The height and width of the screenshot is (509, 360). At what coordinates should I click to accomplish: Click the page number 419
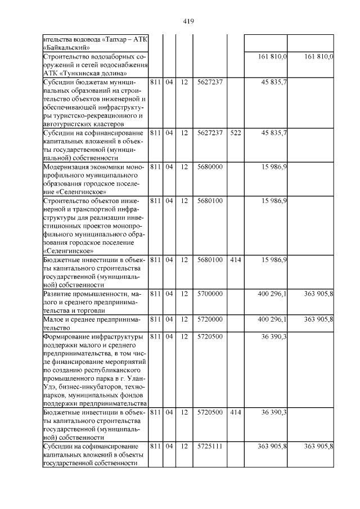click(188, 21)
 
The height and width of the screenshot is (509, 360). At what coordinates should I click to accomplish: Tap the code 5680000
click(210, 168)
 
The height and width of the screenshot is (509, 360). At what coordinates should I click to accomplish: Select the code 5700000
click(210, 294)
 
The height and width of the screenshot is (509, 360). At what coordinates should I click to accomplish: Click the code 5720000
click(210, 319)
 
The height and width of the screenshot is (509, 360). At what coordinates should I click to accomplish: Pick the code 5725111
click(210, 446)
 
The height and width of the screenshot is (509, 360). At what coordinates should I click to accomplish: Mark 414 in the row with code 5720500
click(235, 412)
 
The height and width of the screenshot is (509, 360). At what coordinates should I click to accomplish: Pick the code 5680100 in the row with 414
click(210, 260)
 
